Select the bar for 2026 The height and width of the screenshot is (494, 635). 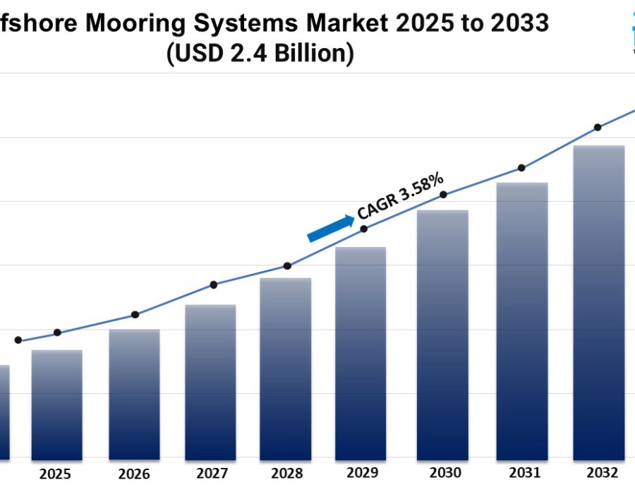(x=134, y=394)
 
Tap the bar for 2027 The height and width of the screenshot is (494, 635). (x=210, y=382)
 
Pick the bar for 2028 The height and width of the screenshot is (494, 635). (x=286, y=368)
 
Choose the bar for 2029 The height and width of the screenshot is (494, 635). (x=361, y=353)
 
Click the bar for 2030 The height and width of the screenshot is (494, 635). (x=442, y=335)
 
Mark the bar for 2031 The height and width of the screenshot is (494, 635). (x=522, y=321)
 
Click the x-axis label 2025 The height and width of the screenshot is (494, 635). (x=55, y=474)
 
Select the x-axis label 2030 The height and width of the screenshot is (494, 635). (x=445, y=473)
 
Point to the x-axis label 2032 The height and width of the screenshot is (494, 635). (x=602, y=472)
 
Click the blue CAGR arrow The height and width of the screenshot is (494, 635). (x=331, y=228)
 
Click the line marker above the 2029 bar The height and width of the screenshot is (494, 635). (x=364, y=229)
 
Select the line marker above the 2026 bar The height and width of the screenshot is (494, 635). (x=135, y=315)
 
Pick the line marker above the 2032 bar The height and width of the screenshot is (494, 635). (x=598, y=127)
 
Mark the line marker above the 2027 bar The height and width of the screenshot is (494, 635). (x=214, y=284)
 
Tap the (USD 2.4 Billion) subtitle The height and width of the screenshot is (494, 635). (x=260, y=54)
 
